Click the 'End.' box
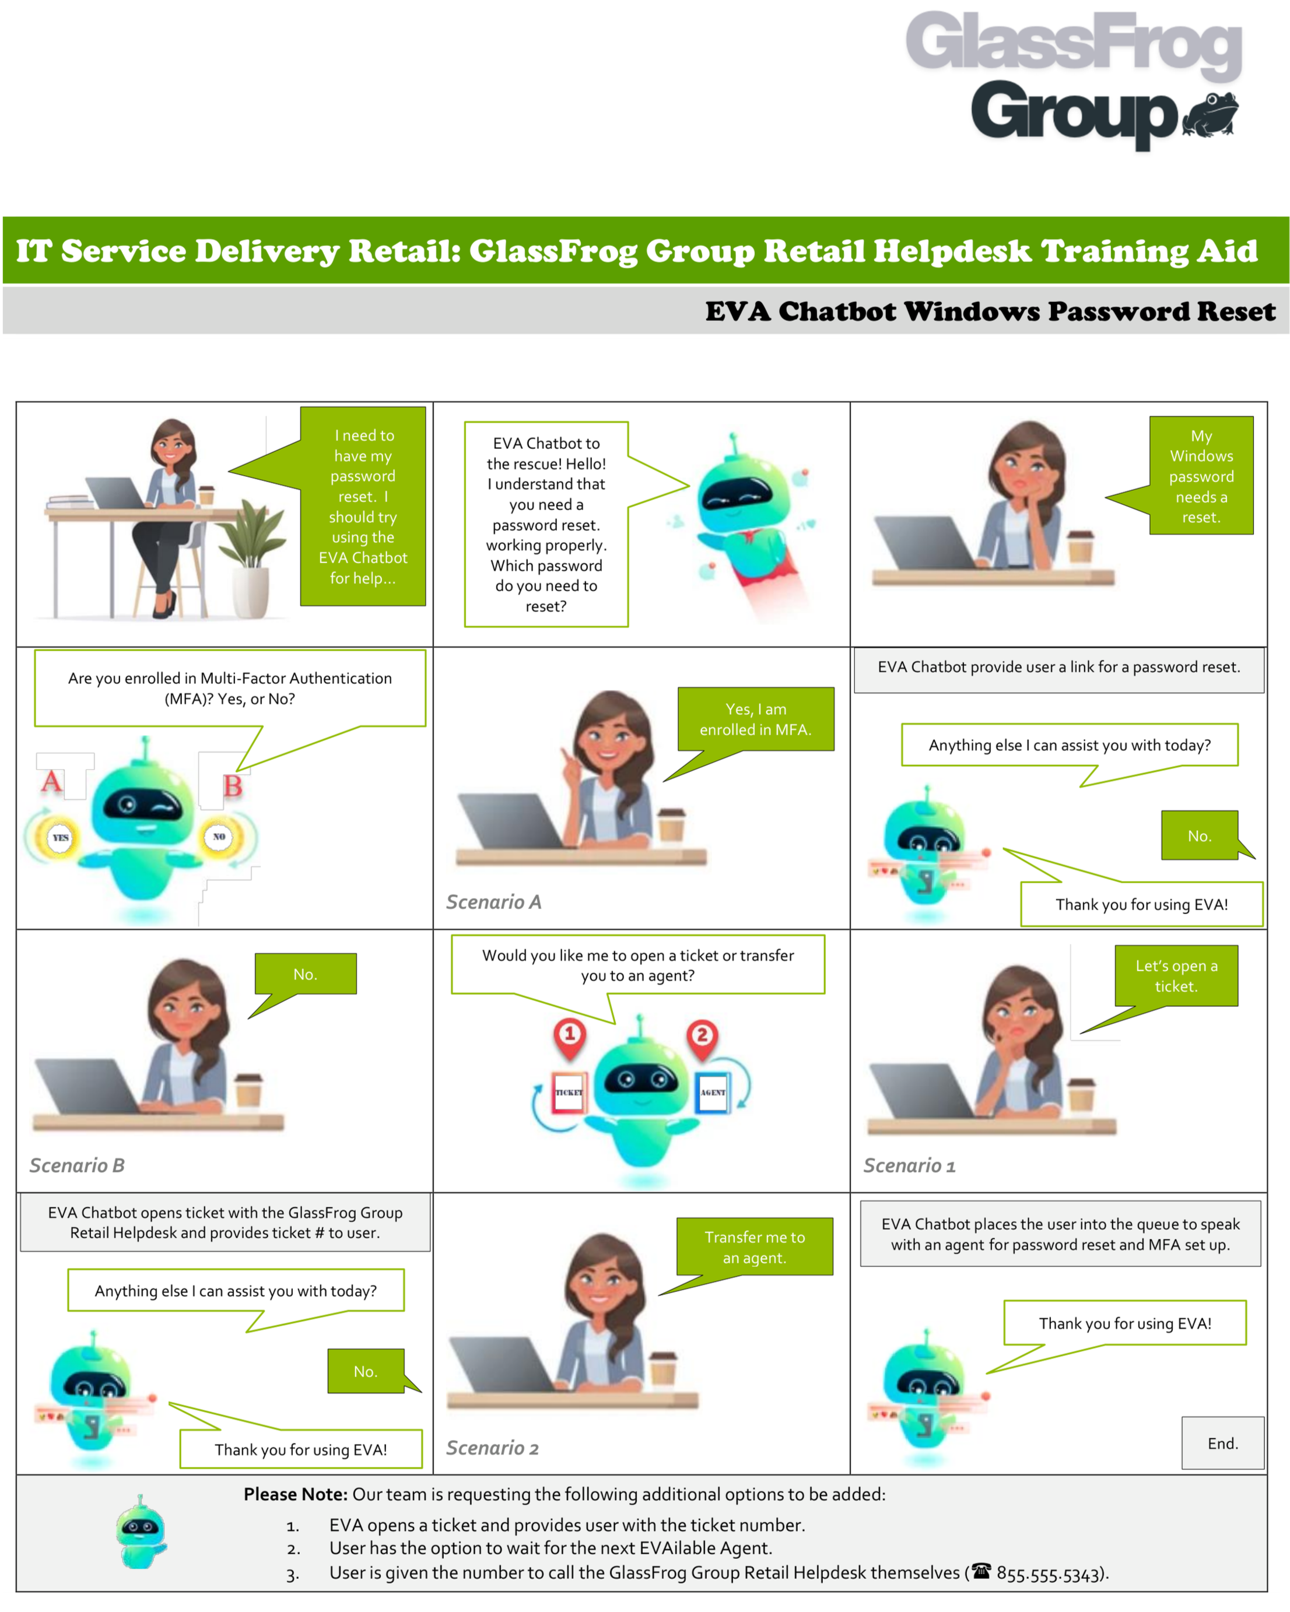(1222, 1442)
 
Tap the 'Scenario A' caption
(493, 902)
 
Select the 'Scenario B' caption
(77, 1165)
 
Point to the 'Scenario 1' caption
(909, 1165)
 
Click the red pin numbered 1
(569, 1035)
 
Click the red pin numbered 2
(702, 1037)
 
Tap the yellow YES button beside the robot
(61, 837)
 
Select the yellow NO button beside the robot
(219, 837)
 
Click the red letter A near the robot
(51, 782)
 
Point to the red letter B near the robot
(233, 786)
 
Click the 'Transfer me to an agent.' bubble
(754, 1246)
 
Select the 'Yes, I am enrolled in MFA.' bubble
(755, 718)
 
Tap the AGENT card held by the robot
(712, 1093)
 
